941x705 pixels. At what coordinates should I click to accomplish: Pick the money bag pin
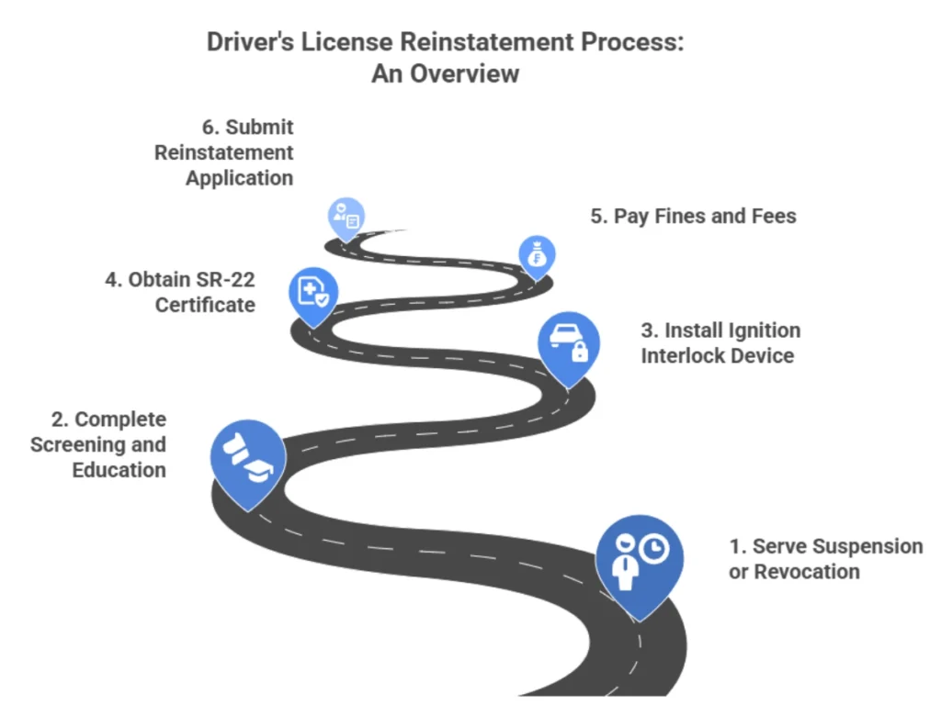[537, 255]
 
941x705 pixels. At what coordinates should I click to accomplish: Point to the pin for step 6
[346, 218]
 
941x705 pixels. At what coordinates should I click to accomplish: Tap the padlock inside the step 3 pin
[580, 352]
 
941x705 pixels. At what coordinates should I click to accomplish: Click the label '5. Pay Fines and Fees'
[693, 217]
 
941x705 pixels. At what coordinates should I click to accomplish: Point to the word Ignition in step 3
[759, 330]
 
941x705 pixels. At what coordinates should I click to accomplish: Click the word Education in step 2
[119, 470]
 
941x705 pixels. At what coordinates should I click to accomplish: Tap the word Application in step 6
[239, 178]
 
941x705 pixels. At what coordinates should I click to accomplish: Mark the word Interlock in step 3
[677, 355]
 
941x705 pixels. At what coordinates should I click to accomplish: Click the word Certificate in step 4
[205, 305]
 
